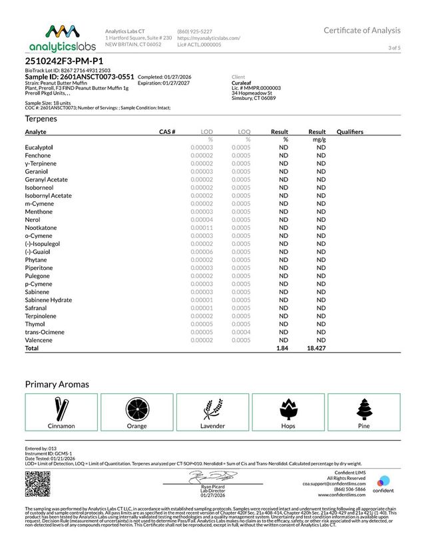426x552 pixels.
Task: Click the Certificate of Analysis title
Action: click(362, 30)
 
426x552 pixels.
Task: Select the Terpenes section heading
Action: click(41, 119)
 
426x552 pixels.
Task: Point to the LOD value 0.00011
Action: click(201, 227)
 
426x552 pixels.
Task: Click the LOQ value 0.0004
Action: click(241, 332)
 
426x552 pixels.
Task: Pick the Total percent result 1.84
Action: click(281, 348)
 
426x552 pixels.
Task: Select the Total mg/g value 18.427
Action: click(316, 348)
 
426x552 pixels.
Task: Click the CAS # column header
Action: click(167, 132)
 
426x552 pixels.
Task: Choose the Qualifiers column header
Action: click(350, 132)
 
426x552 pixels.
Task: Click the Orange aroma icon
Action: click(137, 408)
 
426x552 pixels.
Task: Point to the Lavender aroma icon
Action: click(213, 408)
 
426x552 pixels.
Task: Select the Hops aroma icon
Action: click(288, 408)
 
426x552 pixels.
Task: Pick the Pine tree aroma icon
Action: click(363, 408)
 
